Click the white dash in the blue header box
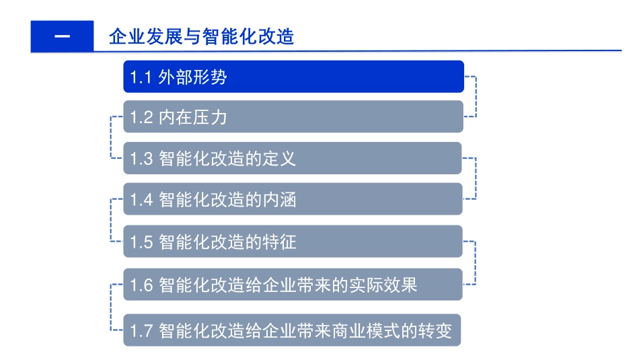pyautogui.click(x=62, y=36)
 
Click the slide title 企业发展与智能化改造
pyautogui.click(x=202, y=36)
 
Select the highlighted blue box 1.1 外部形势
pyautogui.click(x=293, y=77)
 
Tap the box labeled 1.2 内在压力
pyautogui.click(x=293, y=117)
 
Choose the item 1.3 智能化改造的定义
pyautogui.click(x=293, y=158)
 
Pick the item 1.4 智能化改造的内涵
pyautogui.click(x=293, y=199)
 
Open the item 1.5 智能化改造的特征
pyautogui.click(x=293, y=241)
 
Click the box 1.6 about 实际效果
pyautogui.click(x=293, y=285)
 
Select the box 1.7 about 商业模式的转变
pyautogui.click(x=293, y=330)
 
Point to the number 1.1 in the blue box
pyautogui.click(x=140, y=77)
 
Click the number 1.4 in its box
pyautogui.click(x=142, y=200)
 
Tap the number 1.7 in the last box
pyautogui.click(x=142, y=331)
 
